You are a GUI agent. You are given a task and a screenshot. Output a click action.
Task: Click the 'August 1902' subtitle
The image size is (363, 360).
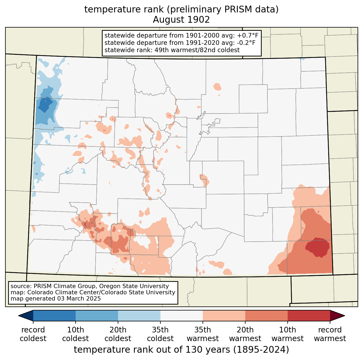pyautogui.click(x=181, y=20)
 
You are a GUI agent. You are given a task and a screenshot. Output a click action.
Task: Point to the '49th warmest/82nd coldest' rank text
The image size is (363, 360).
pyautogui.click(x=197, y=50)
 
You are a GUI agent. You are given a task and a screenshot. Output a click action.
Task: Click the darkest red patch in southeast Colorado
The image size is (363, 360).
pyautogui.click(x=317, y=247)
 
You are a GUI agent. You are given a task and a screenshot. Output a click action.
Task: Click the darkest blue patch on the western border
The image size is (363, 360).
pyautogui.click(x=45, y=105)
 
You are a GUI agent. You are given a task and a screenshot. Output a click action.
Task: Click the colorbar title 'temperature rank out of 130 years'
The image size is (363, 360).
pyautogui.click(x=152, y=349)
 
